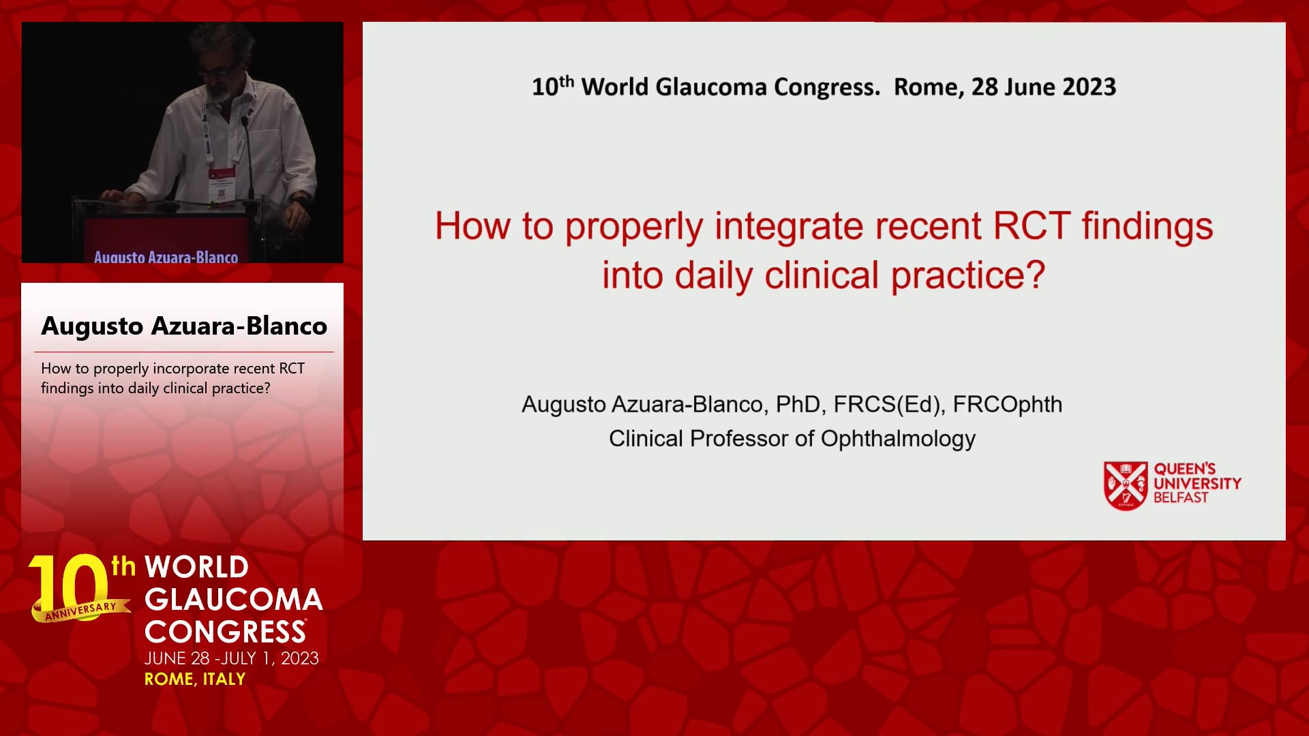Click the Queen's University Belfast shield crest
[1126, 485]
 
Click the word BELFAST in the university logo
[1181, 498]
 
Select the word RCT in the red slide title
[1032, 226]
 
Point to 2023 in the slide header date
[1089, 87]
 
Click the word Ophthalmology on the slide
[898, 439]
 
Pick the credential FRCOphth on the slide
[1008, 405]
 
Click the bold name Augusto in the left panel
[92, 326]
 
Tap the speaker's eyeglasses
[213, 71]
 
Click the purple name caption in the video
[166, 257]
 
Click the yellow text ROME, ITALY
[195, 679]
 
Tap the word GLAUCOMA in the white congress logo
[234, 600]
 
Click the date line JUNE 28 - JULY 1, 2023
[232, 658]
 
